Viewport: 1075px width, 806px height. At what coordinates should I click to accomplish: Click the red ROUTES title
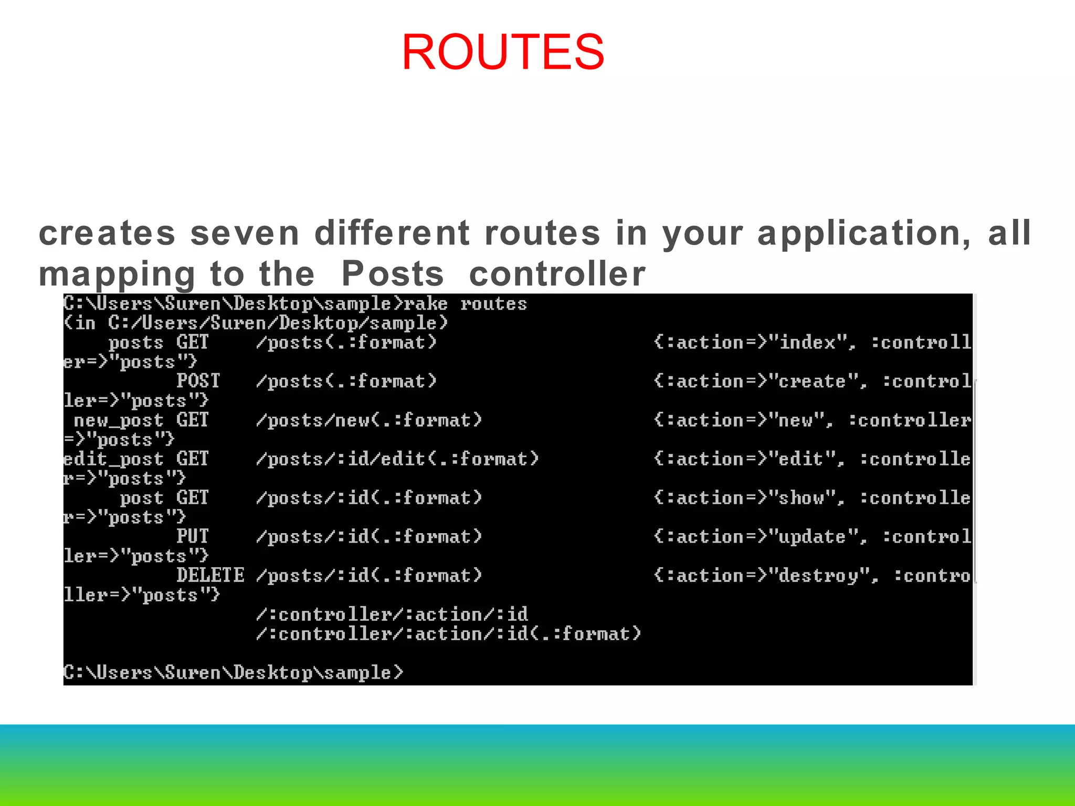coord(503,52)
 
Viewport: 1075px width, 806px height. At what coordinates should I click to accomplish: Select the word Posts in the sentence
coord(393,274)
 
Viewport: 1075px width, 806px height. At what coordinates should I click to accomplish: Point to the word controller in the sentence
coord(557,274)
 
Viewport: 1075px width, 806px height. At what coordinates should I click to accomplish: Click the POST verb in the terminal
coord(198,381)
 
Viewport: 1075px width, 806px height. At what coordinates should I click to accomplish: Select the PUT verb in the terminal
coord(192,536)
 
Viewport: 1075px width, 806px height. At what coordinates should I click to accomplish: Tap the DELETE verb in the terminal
coord(210,575)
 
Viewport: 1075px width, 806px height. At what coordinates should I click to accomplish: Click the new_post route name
coord(119,420)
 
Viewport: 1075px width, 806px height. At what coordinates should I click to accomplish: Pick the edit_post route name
coord(113,459)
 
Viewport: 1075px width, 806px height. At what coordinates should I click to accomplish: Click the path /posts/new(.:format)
coord(368,420)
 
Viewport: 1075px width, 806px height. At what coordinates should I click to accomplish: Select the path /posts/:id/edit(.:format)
coord(397,459)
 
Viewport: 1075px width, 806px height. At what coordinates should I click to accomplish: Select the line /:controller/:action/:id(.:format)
coord(449,634)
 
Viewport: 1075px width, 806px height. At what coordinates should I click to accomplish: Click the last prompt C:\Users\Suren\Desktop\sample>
coord(233,672)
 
